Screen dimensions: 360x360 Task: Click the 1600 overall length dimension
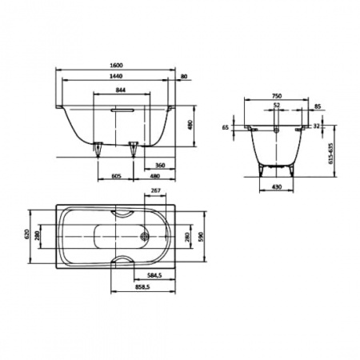(x=116, y=66)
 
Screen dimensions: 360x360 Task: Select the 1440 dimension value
(x=116, y=76)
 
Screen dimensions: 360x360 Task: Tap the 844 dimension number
(x=121, y=90)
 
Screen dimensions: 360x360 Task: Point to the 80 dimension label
(x=184, y=76)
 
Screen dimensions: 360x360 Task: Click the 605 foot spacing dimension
(x=116, y=176)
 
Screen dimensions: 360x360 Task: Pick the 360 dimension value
(x=160, y=166)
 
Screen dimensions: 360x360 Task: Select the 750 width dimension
(x=277, y=96)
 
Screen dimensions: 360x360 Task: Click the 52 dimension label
(x=277, y=106)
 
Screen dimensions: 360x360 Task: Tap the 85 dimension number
(x=318, y=106)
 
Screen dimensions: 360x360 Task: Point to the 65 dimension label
(x=226, y=127)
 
